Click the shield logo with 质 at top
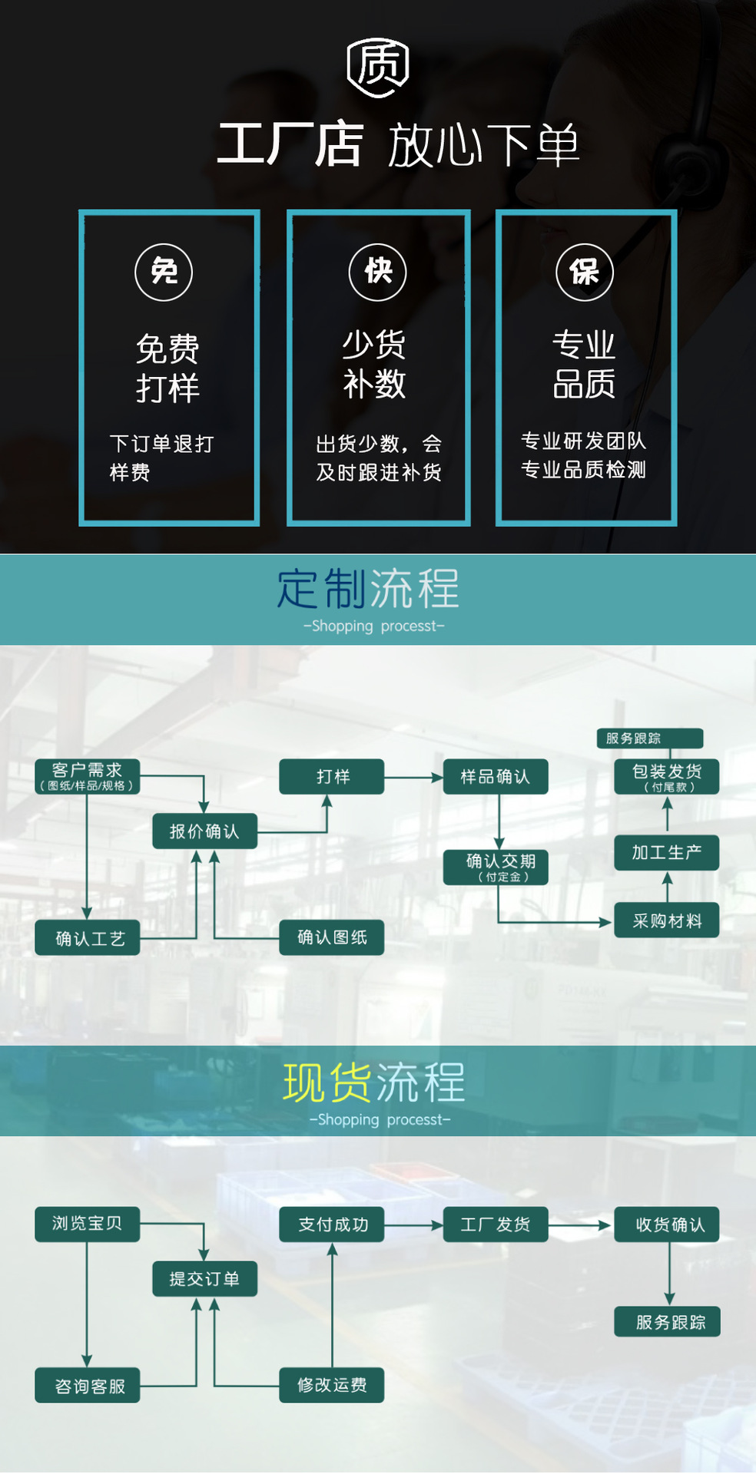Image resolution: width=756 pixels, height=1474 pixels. click(377, 68)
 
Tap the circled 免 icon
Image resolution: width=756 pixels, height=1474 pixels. click(164, 272)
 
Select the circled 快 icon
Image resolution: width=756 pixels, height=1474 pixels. click(377, 272)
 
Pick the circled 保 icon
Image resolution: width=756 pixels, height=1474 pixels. click(585, 272)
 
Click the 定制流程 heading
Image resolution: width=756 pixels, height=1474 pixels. click(368, 590)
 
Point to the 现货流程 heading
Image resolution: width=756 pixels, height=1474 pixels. click(374, 1082)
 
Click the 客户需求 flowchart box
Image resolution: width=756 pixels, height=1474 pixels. click(88, 776)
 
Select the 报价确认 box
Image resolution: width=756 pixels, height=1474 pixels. click(204, 831)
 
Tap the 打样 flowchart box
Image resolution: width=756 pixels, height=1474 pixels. click(332, 777)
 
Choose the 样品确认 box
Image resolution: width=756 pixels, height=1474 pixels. click(496, 777)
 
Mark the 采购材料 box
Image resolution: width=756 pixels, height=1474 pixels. click(667, 921)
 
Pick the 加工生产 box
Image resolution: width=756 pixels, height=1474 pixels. click(667, 853)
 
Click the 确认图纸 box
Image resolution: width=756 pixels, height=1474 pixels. click(332, 937)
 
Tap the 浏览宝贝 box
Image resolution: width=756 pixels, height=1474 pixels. click(88, 1224)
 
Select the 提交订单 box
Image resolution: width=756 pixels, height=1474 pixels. click(204, 1279)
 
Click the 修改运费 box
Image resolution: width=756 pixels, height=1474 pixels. click(332, 1385)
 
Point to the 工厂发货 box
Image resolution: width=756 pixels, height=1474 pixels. click(496, 1224)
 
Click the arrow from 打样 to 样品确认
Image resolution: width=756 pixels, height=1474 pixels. click(413, 778)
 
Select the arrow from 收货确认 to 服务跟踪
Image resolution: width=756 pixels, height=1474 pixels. click(669, 1273)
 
